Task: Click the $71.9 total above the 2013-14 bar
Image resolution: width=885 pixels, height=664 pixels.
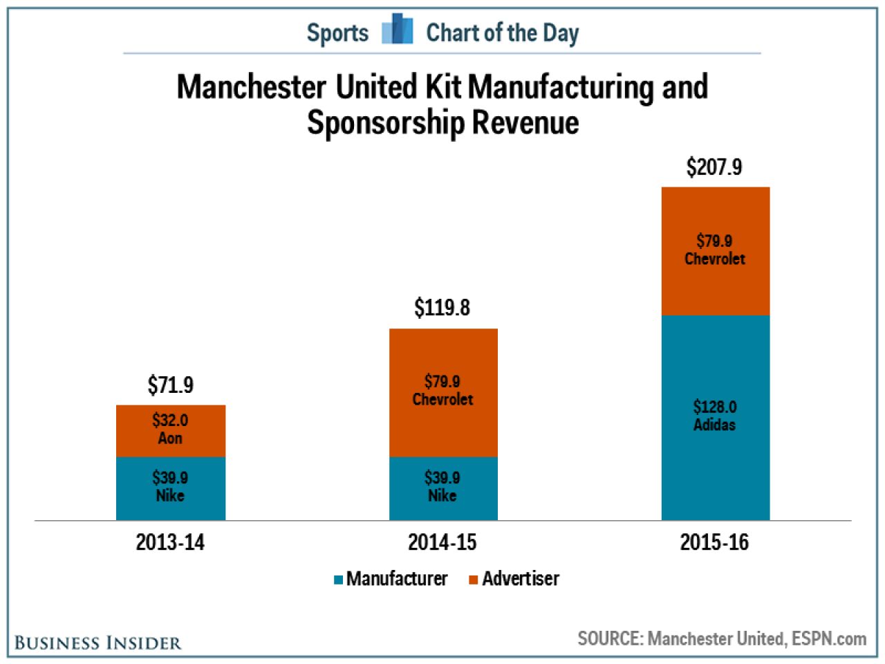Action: point(170,385)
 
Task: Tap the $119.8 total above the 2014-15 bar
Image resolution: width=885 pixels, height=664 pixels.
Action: point(442,308)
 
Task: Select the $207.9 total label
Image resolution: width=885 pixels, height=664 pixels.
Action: point(714,167)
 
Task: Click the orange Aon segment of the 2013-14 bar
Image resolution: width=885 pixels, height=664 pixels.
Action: point(171,431)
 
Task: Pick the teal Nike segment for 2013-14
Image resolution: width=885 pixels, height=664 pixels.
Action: point(171,488)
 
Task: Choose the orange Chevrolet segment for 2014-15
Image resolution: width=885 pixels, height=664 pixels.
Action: point(443,393)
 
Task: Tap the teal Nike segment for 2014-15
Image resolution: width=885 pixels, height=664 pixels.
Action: point(443,488)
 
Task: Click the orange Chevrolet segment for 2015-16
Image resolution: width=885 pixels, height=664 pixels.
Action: point(715,251)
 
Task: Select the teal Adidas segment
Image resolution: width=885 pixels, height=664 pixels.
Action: point(715,418)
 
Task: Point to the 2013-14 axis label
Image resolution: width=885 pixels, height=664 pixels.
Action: point(170,542)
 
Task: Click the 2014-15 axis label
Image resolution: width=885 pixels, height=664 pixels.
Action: point(442,542)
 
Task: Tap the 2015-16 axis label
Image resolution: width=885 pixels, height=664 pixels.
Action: point(714,542)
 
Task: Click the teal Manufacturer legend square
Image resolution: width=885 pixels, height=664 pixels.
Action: point(338,580)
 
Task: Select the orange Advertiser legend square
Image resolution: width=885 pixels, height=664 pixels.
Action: point(474,580)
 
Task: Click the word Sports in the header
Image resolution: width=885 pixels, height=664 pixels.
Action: point(337,33)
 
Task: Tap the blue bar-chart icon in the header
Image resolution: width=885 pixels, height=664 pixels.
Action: point(397,28)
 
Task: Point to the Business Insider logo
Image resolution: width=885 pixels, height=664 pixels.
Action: point(98,643)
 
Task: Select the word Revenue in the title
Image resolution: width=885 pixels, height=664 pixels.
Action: point(525,122)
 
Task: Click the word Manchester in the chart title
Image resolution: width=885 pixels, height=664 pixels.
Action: point(252,86)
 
